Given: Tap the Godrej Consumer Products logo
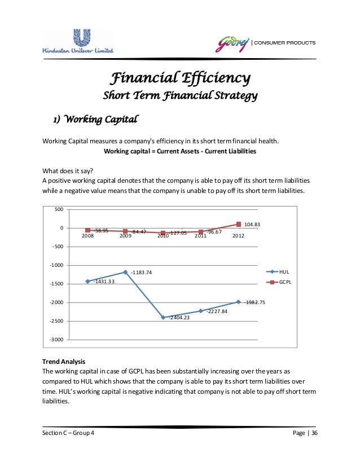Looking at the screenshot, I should pyautogui.click(x=265, y=43).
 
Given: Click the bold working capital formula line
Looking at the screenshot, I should pyautogui.click(x=180, y=151).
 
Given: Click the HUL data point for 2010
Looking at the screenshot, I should pyautogui.click(x=163, y=317).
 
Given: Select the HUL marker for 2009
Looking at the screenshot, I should pyautogui.click(x=125, y=272).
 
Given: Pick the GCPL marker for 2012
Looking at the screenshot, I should pyautogui.click(x=238, y=225).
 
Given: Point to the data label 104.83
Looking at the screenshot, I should pyautogui.click(x=252, y=225).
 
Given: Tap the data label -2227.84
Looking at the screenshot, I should pyautogui.click(x=216, y=311).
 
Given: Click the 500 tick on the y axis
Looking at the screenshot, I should pyautogui.click(x=59, y=209).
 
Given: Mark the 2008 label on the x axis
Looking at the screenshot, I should pyautogui.click(x=87, y=236).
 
